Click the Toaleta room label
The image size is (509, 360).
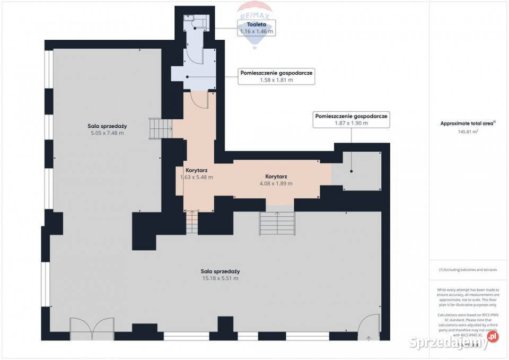point(256,24)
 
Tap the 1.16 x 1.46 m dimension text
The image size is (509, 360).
point(256,32)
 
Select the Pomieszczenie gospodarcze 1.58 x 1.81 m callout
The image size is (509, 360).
point(276,76)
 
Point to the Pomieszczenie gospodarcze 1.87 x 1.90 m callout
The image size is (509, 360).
point(351,119)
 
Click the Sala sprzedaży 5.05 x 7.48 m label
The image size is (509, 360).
point(107,129)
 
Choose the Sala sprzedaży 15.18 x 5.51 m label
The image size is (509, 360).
point(220,274)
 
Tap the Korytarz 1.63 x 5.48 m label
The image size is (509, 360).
point(196,174)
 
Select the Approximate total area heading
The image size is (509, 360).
point(467,124)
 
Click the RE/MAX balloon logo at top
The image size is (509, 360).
point(256,11)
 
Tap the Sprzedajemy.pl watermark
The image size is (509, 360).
point(454,337)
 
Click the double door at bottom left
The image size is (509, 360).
point(92,328)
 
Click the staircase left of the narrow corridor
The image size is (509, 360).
point(160,129)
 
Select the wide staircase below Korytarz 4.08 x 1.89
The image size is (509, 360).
point(276,223)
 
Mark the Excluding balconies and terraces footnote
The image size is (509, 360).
point(468,270)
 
